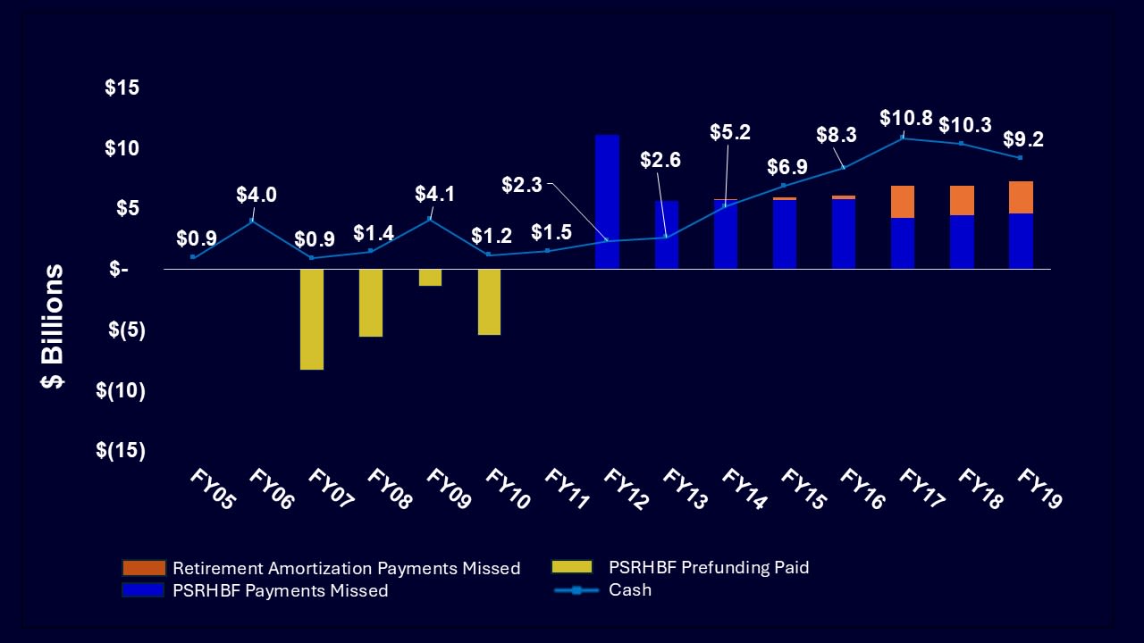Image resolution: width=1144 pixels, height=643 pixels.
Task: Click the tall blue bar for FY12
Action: (x=607, y=201)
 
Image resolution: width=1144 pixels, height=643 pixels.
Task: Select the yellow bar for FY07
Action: (x=312, y=319)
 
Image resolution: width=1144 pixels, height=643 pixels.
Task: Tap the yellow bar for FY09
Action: (x=430, y=278)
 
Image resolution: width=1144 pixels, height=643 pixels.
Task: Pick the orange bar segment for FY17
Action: (x=902, y=202)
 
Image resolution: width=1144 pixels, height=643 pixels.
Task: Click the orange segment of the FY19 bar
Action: (x=1021, y=197)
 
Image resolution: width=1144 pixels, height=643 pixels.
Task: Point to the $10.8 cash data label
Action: (x=905, y=118)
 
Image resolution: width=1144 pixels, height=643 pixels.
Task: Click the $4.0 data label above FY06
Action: (x=257, y=195)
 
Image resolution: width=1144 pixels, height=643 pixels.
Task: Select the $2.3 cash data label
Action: (x=521, y=185)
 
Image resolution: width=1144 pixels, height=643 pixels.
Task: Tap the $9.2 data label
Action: (x=1023, y=139)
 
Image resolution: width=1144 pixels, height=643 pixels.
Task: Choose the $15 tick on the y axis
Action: (x=122, y=88)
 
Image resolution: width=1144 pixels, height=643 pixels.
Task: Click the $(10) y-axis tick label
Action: (x=121, y=389)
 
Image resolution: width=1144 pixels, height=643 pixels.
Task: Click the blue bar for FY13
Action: (x=667, y=235)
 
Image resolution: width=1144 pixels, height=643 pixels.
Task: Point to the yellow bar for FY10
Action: (x=489, y=302)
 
